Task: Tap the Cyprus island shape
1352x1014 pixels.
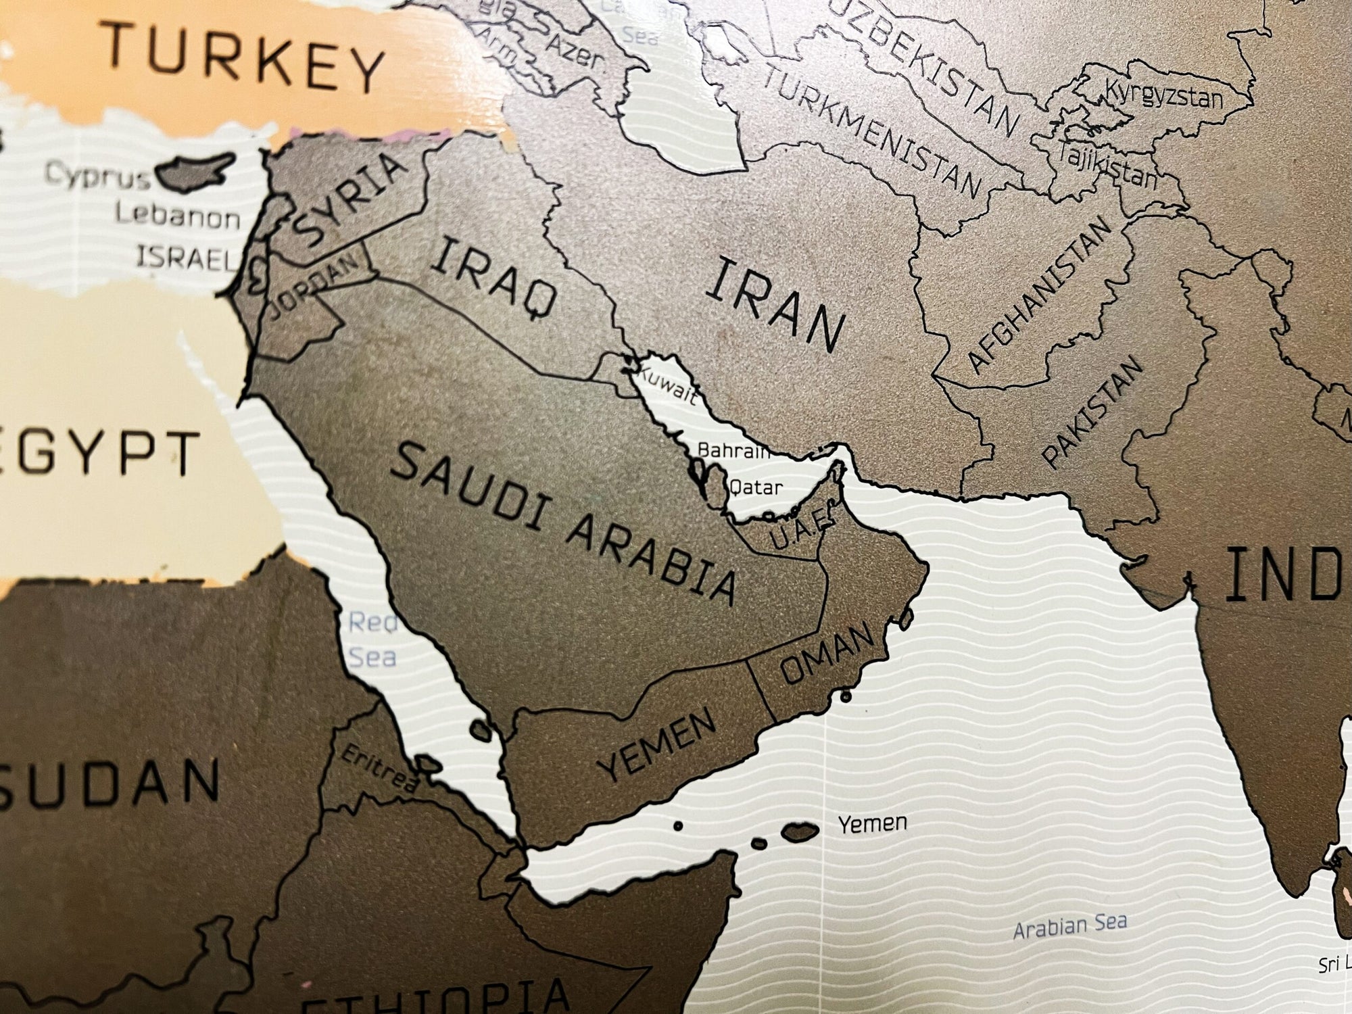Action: (x=196, y=172)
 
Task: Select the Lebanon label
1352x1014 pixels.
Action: (x=177, y=218)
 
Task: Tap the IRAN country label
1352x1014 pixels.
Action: (x=775, y=308)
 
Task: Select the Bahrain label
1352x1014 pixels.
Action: (x=733, y=450)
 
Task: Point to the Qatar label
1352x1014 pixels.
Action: (x=755, y=487)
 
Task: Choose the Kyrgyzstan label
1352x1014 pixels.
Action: (x=1163, y=95)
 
